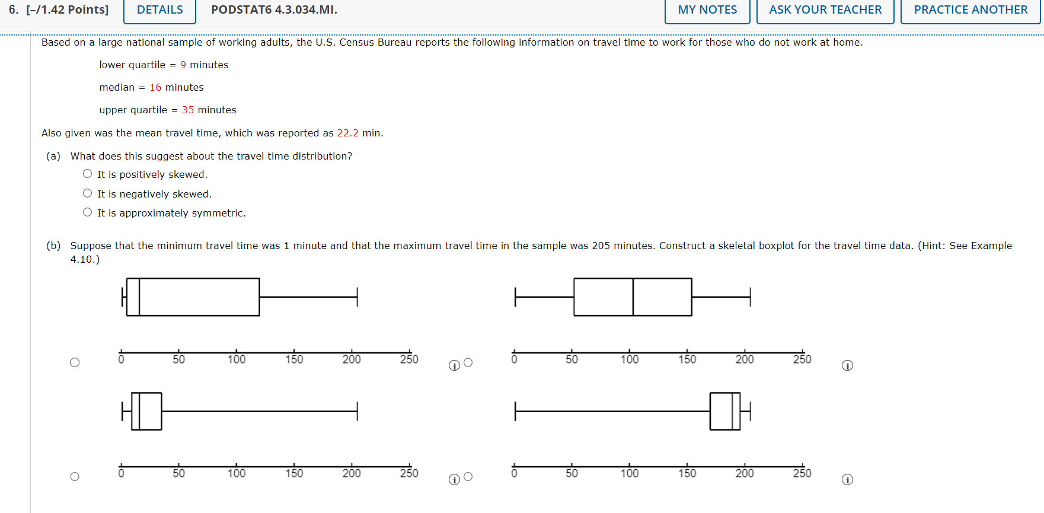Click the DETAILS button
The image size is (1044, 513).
coord(159,10)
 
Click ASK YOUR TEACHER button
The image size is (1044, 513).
coord(825,10)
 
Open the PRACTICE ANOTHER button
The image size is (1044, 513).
coord(970,10)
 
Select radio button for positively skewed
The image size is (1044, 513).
coord(88,174)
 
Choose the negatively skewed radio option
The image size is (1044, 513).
coord(88,193)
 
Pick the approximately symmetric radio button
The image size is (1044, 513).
coord(88,212)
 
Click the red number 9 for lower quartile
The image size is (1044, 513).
coord(183,65)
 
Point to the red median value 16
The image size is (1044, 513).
coord(155,87)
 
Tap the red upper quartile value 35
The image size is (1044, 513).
coord(188,110)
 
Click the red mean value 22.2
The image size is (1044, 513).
coord(347,133)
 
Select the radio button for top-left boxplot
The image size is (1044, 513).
coord(75,362)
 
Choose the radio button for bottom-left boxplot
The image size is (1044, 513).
coord(75,476)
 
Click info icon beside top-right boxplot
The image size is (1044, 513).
coord(847,365)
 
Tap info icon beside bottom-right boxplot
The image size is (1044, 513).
coord(847,479)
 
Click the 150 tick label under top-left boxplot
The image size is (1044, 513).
coord(294,359)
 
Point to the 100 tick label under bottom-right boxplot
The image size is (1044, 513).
coord(630,473)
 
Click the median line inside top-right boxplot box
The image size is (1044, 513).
coord(633,297)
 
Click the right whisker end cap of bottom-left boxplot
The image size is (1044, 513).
coord(357,410)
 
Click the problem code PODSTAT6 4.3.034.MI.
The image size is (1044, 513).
coord(274,10)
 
